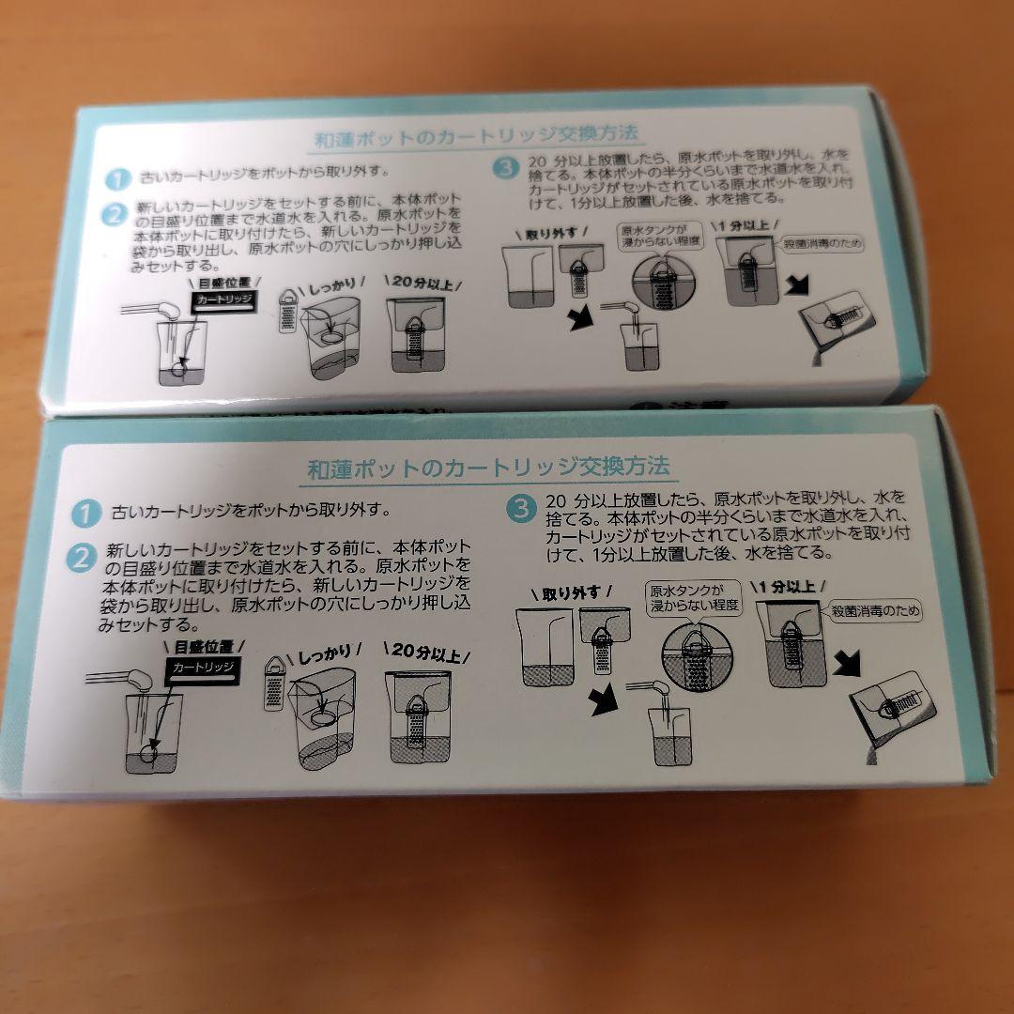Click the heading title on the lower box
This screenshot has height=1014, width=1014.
click(x=488, y=468)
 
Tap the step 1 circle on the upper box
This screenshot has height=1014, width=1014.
click(x=117, y=178)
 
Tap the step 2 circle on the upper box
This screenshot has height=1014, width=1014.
click(x=114, y=214)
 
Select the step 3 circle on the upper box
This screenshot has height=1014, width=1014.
click(x=506, y=168)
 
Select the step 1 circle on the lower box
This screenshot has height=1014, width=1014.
click(x=86, y=514)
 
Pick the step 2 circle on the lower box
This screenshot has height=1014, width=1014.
click(x=82, y=558)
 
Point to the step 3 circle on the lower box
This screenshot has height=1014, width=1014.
click(x=521, y=508)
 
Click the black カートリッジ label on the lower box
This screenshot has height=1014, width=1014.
click(x=203, y=669)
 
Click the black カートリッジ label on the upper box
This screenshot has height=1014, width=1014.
click(x=223, y=300)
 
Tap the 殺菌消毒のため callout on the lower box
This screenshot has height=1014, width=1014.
click(x=876, y=610)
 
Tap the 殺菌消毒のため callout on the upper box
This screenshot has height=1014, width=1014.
click(x=822, y=244)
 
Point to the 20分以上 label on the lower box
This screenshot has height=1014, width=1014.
click(x=427, y=652)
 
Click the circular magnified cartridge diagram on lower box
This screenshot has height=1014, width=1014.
click(x=697, y=657)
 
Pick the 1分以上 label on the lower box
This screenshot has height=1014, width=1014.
click(x=789, y=587)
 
